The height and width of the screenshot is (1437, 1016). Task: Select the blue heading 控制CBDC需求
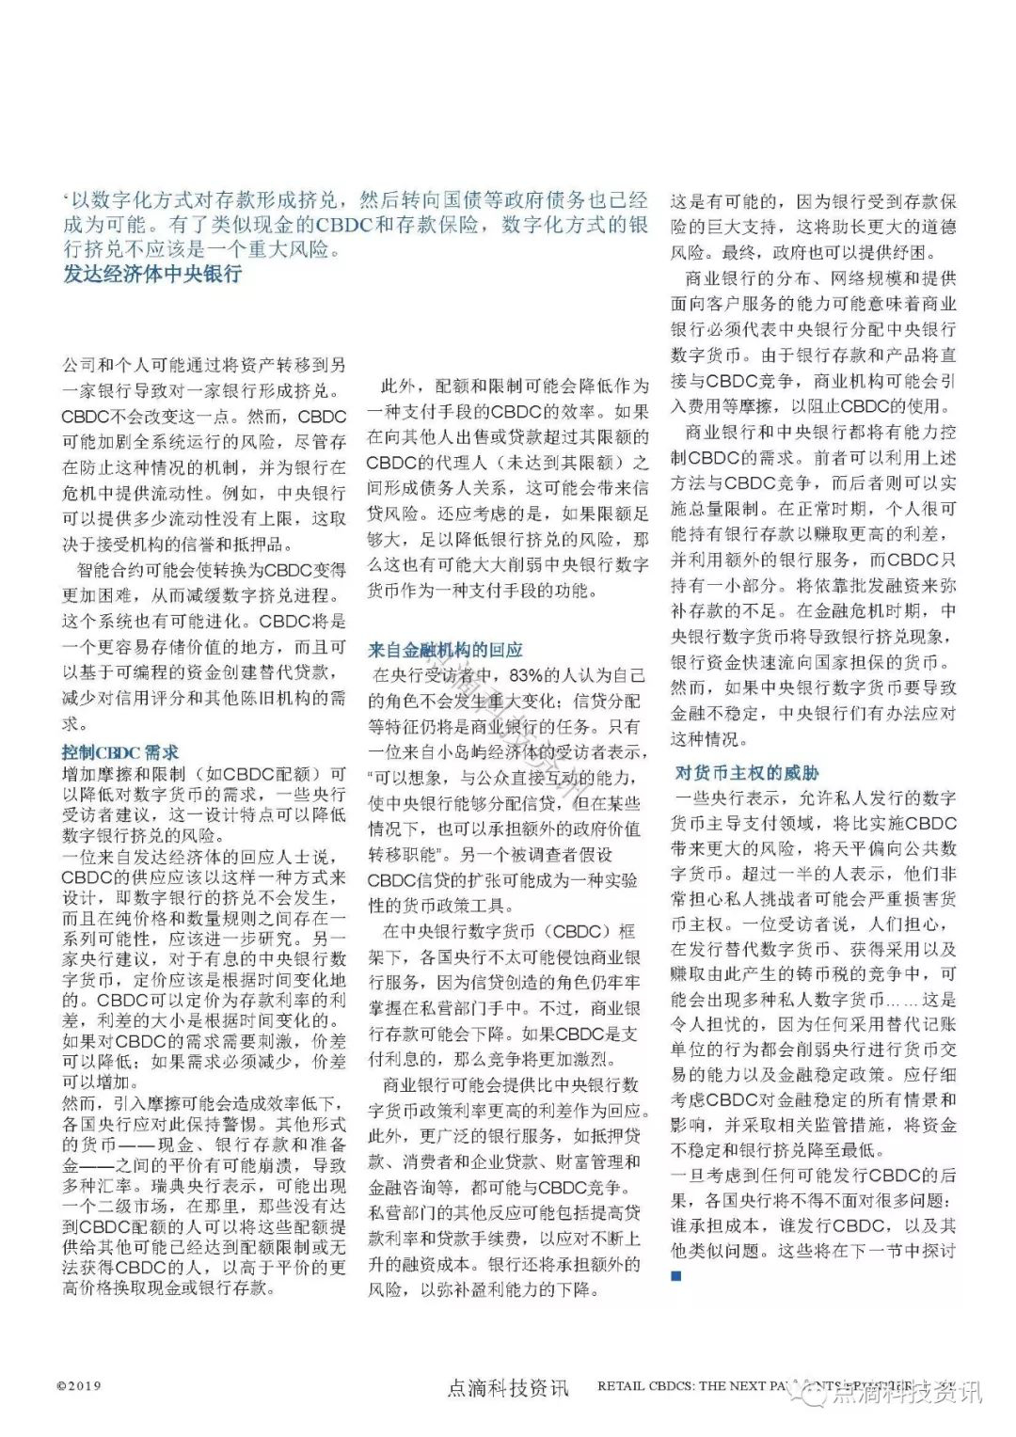[119, 752]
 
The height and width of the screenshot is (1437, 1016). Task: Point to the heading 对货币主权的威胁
[747, 773]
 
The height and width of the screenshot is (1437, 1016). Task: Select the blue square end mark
[675, 1276]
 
